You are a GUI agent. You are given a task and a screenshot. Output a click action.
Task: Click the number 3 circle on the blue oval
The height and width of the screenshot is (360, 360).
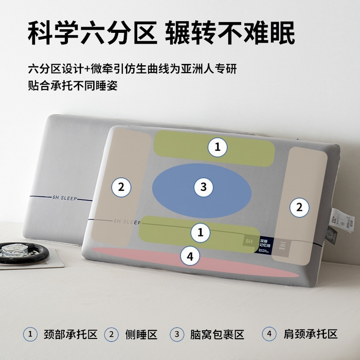(204, 187)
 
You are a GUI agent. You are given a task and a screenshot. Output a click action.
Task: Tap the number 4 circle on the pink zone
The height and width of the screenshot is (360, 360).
(190, 256)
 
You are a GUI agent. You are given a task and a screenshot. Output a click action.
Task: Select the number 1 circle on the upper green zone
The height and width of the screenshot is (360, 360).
(218, 148)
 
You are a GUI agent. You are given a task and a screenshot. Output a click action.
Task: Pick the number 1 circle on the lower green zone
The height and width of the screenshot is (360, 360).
(201, 232)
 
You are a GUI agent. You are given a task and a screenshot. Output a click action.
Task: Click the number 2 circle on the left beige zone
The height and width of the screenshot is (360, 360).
(121, 187)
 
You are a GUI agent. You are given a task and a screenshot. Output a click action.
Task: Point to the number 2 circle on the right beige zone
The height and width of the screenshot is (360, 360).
(299, 207)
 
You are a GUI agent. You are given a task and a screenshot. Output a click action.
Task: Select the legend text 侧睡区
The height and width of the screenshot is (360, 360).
(141, 334)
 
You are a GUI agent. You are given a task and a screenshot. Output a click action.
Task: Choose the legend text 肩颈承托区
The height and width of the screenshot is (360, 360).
(311, 334)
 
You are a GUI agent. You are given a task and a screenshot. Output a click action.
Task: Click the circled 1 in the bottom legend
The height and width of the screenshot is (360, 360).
(30, 334)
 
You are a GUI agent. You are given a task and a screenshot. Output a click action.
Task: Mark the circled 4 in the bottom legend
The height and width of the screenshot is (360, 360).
(268, 334)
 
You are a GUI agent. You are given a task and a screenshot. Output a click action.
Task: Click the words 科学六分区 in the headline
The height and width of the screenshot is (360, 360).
(92, 33)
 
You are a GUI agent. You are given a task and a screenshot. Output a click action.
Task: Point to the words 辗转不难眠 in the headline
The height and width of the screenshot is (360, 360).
(230, 33)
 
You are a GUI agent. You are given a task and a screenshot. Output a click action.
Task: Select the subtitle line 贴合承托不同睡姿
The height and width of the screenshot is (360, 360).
(73, 85)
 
